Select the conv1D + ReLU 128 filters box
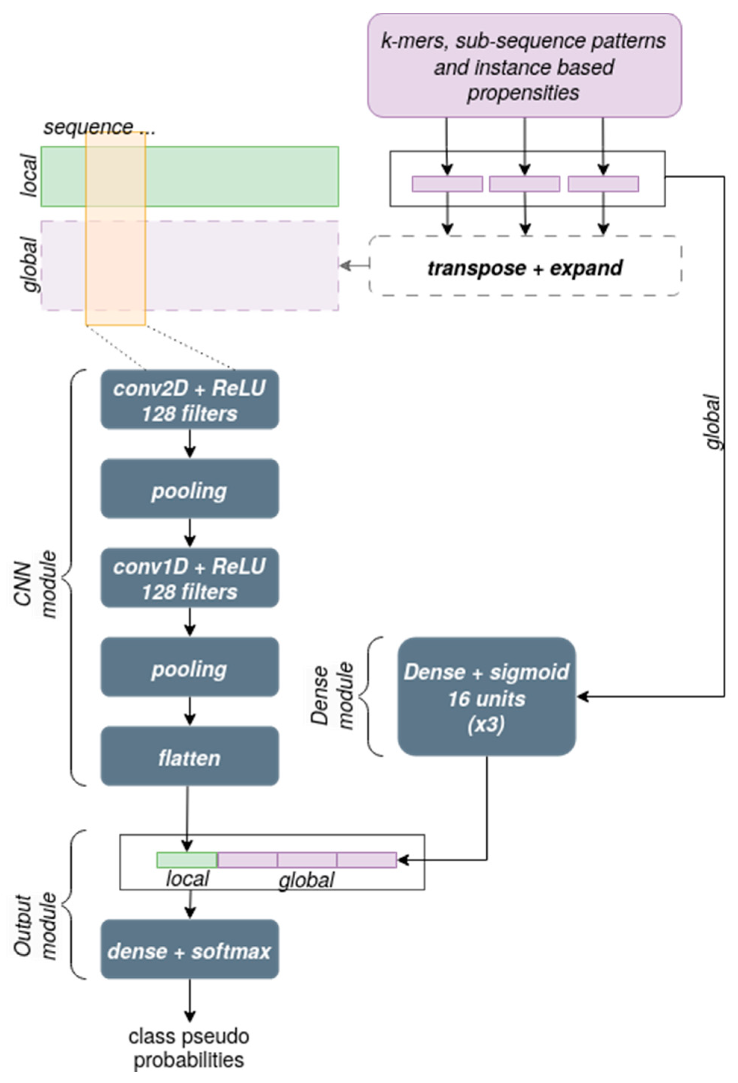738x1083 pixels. (x=190, y=578)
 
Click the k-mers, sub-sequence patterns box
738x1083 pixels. (x=524, y=65)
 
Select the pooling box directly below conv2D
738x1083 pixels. (x=190, y=489)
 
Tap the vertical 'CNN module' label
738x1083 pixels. (x=35, y=584)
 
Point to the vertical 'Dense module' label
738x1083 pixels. (x=332, y=696)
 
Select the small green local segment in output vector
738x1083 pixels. (x=187, y=860)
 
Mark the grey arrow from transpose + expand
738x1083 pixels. (x=354, y=266)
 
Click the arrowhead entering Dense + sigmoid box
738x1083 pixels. (x=582, y=697)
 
